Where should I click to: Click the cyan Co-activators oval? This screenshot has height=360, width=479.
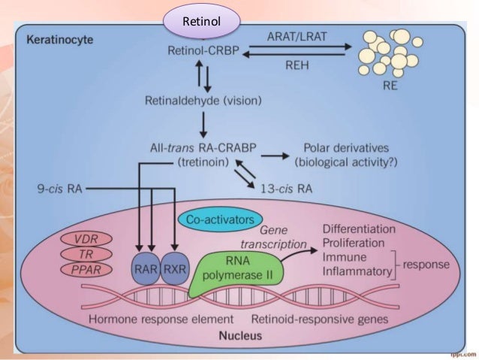click(215, 218)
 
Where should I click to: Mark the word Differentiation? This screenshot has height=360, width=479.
click(361, 227)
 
